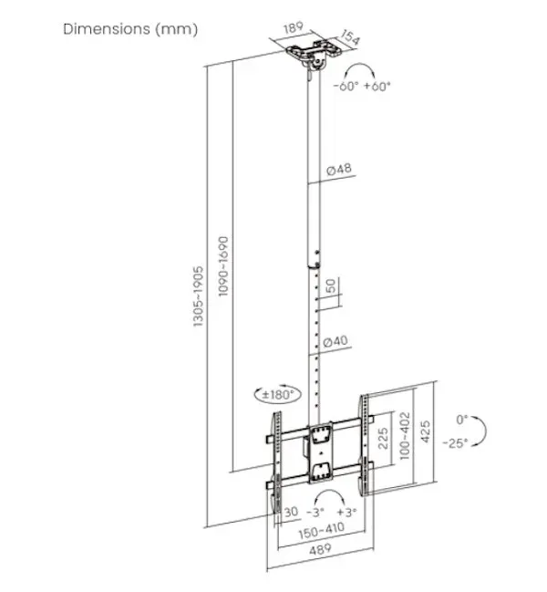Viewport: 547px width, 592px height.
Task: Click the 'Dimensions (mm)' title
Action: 130,29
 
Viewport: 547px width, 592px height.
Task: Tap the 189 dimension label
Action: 294,27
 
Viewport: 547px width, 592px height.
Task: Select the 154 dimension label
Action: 351,37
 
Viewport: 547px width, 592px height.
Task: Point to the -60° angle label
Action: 346,86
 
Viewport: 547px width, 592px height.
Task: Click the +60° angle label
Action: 377,86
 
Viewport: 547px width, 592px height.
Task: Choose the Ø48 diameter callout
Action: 339,169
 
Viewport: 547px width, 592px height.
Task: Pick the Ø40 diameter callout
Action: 335,341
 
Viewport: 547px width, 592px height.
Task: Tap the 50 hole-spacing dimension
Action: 330,286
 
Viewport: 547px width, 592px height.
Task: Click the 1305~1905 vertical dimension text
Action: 198,296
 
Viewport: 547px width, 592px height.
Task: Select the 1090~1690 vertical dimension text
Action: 223,266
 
